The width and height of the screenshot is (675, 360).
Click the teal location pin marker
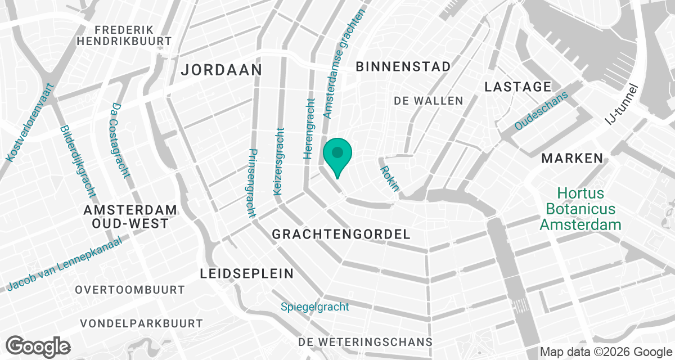pyautogui.click(x=337, y=155)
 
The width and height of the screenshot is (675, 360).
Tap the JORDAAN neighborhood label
pyautogui.click(x=222, y=70)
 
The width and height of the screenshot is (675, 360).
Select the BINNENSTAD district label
pyautogui.click(x=403, y=66)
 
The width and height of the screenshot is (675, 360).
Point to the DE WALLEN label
pyautogui.click(x=429, y=101)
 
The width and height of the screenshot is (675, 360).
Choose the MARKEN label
pyautogui.click(x=572, y=158)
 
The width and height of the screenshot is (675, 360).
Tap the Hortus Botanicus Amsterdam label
pyautogui.click(x=580, y=209)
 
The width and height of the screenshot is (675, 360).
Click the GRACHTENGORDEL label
pyautogui.click(x=341, y=234)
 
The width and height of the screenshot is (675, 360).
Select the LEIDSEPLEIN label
pyautogui.click(x=247, y=274)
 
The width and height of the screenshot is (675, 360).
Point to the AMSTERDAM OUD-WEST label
pyautogui.click(x=130, y=217)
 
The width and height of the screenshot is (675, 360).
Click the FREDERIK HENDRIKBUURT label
pyautogui.click(x=124, y=35)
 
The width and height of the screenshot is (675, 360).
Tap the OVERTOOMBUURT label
pyautogui.click(x=130, y=290)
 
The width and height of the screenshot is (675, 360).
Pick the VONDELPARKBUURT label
pyautogui.click(x=141, y=323)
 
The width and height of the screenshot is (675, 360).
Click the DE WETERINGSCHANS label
pyautogui.click(x=365, y=342)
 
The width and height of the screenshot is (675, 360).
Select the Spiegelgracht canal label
pyautogui.click(x=315, y=307)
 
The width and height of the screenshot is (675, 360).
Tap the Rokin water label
pyautogui.click(x=389, y=178)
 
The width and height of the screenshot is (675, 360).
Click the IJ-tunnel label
pyautogui.click(x=623, y=104)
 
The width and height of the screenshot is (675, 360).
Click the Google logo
pyautogui.click(x=38, y=345)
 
